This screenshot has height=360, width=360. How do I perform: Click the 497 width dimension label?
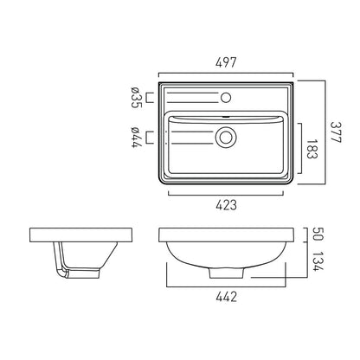(x=226, y=62)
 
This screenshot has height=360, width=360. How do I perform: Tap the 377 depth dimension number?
(x=336, y=132)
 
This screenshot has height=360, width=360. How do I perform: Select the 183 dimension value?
(x=312, y=149)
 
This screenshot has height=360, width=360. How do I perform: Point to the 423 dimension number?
(x=226, y=205)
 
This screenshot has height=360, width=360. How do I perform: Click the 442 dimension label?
(x=227, y=297)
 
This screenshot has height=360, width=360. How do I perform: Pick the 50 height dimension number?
(x=318, y=234)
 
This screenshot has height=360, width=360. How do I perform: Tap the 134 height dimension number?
(x=318, y=261)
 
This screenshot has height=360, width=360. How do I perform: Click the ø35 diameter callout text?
(x=135, y=97)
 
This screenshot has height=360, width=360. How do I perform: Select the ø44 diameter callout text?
(x=135, y=138)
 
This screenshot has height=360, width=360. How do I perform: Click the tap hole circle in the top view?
(x=226, y=98)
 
